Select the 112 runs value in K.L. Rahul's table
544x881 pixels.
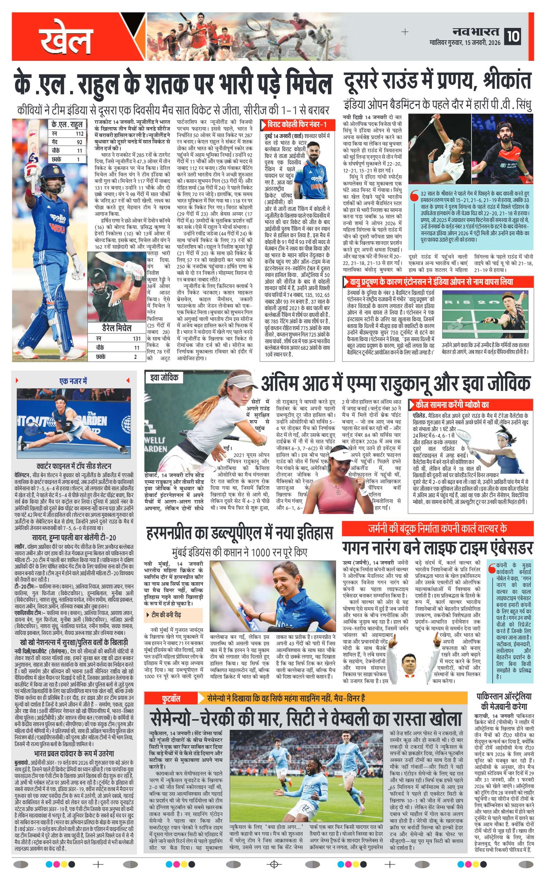pos(79,134)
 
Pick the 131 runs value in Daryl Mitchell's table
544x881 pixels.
pos(136,339)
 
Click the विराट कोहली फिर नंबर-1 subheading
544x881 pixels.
pos(297,125)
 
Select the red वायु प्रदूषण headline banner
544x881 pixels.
pos(431,282)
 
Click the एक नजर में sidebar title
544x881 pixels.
pos(73,381)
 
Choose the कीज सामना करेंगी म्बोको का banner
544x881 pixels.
pos(452,404)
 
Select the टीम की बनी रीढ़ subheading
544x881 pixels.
pos(166,615)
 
